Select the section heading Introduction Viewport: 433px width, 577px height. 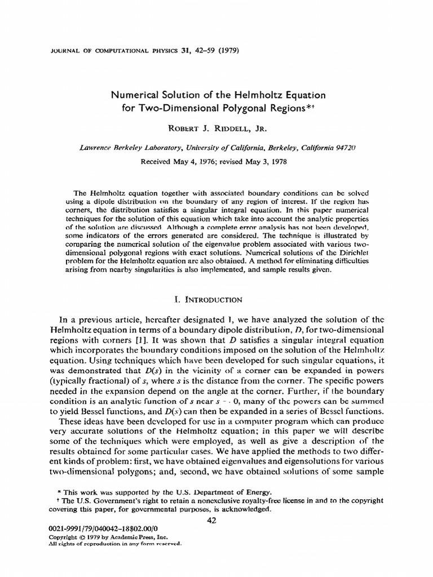220,299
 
